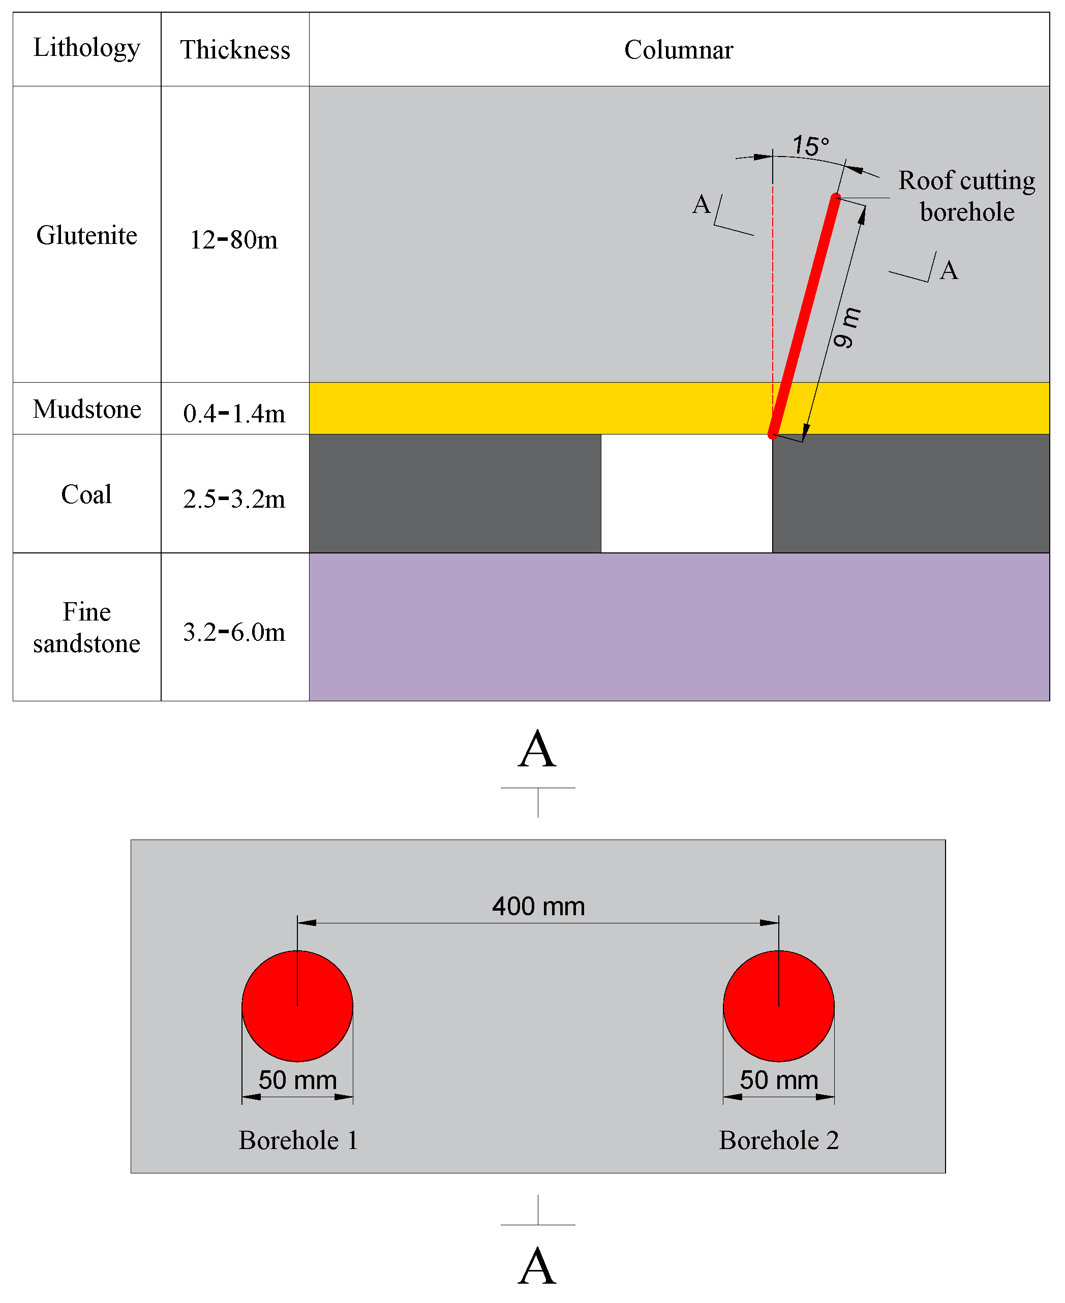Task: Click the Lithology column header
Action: [86, 48]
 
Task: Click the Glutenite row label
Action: [86, 235]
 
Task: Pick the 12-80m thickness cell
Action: [234, 240]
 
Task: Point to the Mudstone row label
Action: [86, 409]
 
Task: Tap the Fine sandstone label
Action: [86, 627]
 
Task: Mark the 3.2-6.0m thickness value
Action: [234, 632]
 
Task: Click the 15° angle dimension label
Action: [810, 146]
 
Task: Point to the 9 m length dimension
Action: [846, 327]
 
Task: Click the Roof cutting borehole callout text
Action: [967, 196]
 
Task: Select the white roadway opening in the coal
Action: [686, 493]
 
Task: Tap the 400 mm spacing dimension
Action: [538, 906]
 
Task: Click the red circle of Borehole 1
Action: [297, 1006]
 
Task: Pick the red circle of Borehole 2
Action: [778, 1006]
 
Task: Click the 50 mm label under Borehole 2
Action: [778, 1080]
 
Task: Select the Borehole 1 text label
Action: [298, 1140]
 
